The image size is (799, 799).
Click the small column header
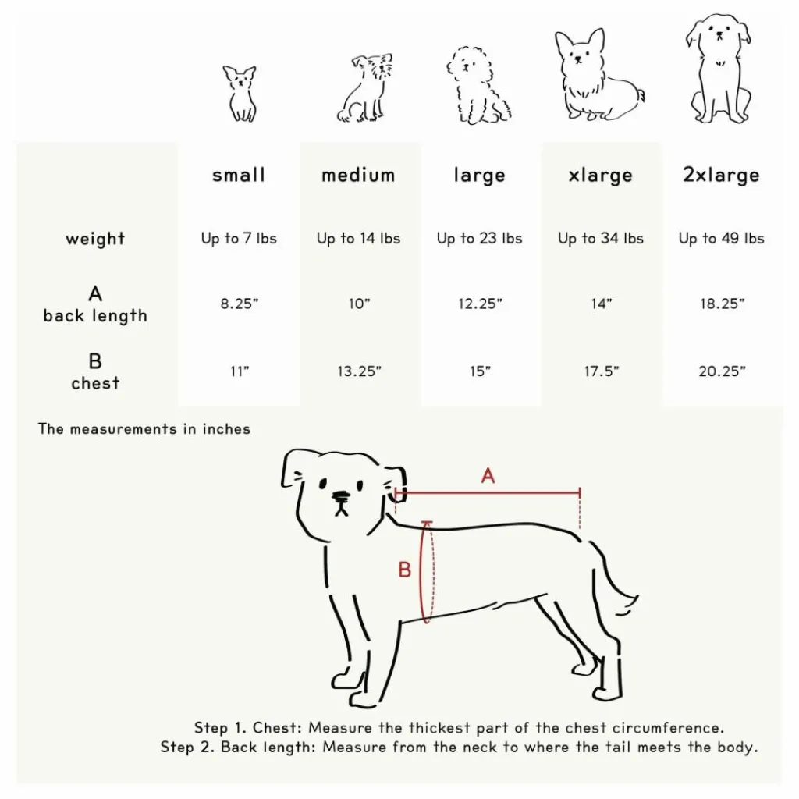click(239, 176)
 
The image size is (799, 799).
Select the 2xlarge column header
click(721, 176)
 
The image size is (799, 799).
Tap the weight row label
click(95, 239)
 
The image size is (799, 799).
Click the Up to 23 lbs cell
click(479, 239)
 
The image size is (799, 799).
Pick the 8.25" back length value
click(239, 304)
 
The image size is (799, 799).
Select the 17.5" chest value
click(601, 371)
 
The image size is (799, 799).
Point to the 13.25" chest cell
click(359, 371)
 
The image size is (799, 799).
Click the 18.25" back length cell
click(721, 304)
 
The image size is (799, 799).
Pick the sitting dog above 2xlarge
click(719, 70)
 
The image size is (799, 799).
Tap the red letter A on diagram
click(488, 475)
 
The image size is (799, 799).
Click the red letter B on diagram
click(404, 570)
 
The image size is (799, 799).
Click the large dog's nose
click(341, 496)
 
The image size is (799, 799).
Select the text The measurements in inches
click(144, 428)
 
